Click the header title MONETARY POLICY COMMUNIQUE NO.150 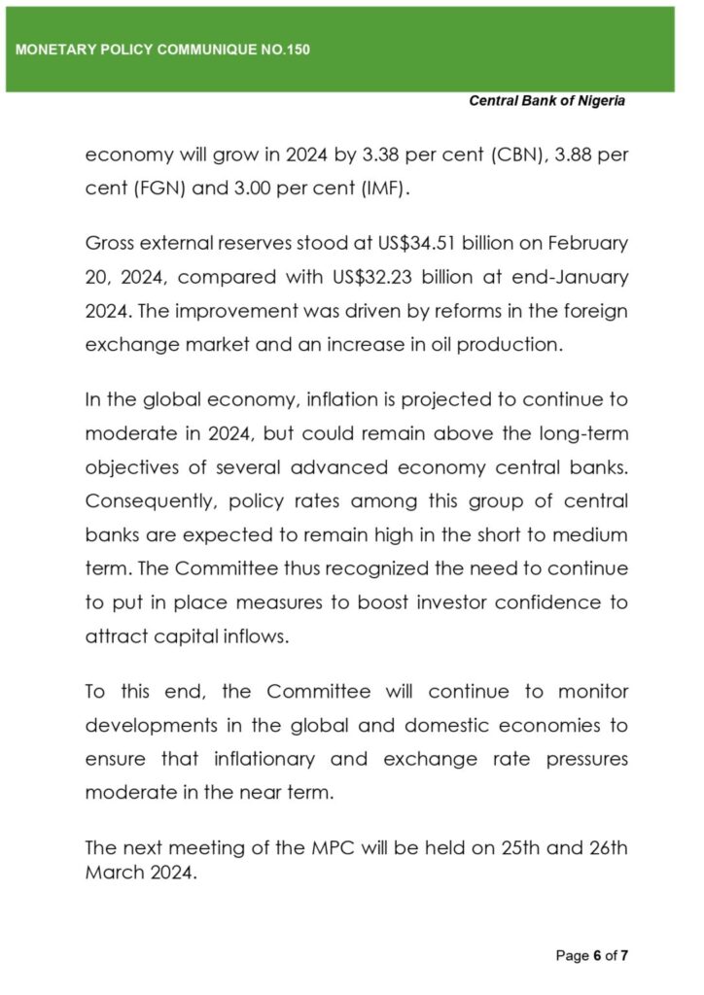tap(162, 49)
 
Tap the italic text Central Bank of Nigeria tap(546, 100)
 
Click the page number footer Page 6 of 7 tap(592, 956)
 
